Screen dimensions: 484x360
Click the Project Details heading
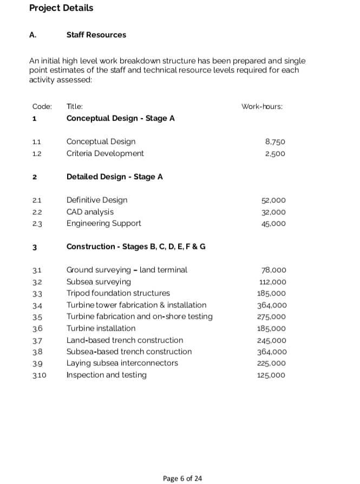tap(61, 8)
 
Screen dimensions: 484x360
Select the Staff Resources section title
tap(96, 35)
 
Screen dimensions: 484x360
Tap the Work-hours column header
tap(262, 107)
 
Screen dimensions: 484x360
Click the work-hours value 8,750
tap(275, 142)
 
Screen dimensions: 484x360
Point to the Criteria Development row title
tap(105, 153)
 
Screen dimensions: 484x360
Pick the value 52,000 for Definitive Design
tap(273, 200)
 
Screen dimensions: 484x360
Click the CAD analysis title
tap(90, 212)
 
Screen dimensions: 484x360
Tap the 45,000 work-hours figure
tap(273, 224)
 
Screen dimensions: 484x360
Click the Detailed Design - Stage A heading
tap(114, 177)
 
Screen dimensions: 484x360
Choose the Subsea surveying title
tap(99, 282)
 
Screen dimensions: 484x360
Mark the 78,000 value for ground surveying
tap(273, 270)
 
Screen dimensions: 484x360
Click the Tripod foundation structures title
tap(118, 293)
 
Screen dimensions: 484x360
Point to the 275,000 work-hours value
tap(272, 317)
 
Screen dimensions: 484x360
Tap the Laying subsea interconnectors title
tap(122, 363)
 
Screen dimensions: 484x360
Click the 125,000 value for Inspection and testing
tap(272, 375)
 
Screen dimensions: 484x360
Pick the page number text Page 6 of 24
tap(182, 478)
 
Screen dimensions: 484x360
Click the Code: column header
tap(42, 107)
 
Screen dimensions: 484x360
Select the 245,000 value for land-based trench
tap(272, 341)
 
